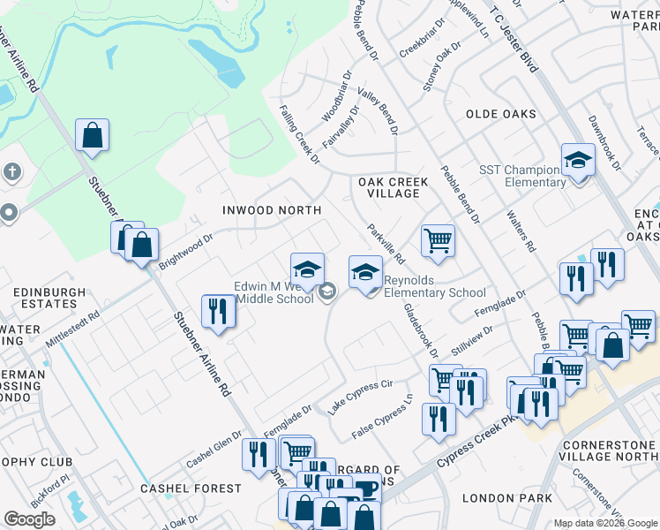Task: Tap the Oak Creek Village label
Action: pyautogui.click(x=393, y=188)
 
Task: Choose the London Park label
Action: pyautogui.click(x=494, y=498)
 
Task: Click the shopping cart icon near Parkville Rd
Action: pyautogui.click(x=438, y=239)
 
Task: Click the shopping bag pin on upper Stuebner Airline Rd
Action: pyautogui.click(x=92, y=136)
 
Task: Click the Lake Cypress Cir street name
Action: pyautogui.click(x=359, y=397)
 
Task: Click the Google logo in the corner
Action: pyautogui.click(x=30, y=519)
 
